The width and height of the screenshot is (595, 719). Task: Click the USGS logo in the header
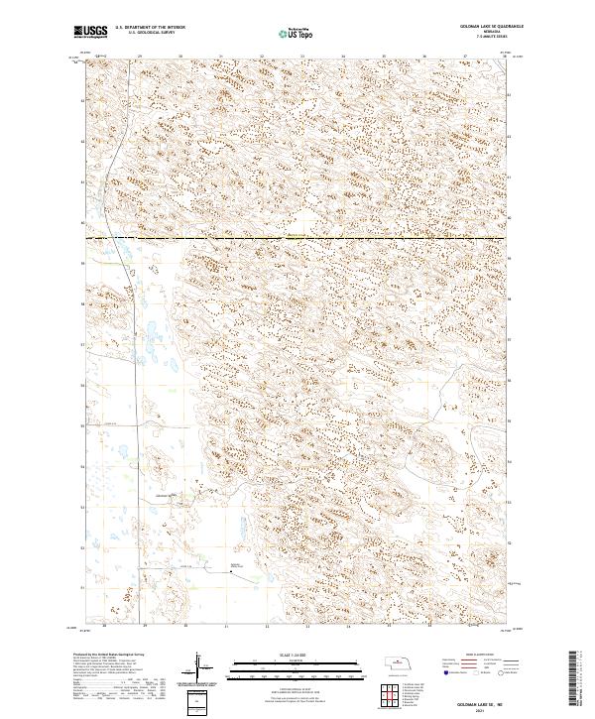click(90, 32)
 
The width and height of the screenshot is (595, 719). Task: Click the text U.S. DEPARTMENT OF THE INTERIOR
click(149, 29)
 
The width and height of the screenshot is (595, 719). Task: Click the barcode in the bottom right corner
click(578, 676)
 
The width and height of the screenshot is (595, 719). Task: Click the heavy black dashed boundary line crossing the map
click(297, 238)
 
